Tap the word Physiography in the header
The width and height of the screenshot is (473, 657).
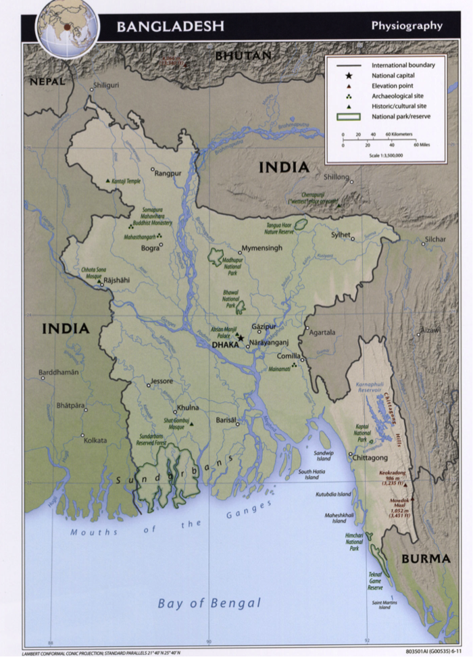point(407,26)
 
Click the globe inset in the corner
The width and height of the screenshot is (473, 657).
point(66,27)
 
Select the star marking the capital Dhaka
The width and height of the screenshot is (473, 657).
point(240,337)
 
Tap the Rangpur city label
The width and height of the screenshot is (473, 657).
point(168,174)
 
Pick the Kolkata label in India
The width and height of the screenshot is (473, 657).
point(95,440)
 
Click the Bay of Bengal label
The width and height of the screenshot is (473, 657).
point(209,603)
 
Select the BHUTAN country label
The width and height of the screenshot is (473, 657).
point(243,55)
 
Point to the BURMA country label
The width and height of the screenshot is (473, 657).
point(426,559)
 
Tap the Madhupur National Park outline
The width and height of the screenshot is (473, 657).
point(216,257)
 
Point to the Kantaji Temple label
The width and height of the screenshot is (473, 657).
point(127,181)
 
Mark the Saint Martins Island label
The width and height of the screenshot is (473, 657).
point(384,604)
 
